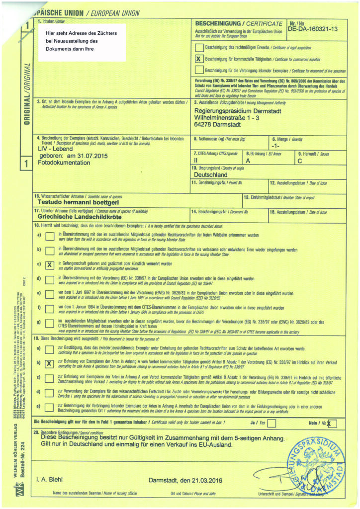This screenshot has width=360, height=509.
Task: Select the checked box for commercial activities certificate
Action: point(199,58)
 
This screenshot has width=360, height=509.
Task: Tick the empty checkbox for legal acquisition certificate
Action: point(199,48)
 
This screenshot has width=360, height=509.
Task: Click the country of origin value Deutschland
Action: point(210,175)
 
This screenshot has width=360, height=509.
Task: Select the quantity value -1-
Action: point(276,146)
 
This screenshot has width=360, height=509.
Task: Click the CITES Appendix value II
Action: point(196,161)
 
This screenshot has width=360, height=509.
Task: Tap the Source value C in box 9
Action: point(299,161)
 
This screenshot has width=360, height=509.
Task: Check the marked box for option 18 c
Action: point(49,265)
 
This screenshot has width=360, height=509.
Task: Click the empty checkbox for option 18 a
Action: point(49,237)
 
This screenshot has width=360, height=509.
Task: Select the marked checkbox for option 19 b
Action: point(49,363)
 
